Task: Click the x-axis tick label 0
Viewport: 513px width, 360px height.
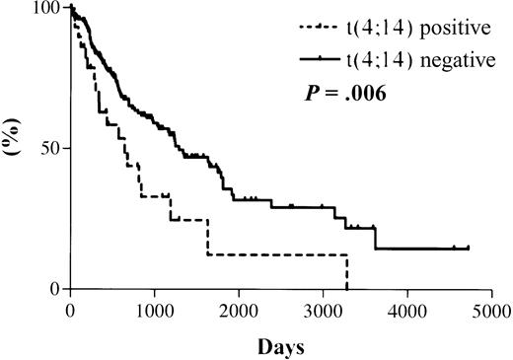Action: [71, 310]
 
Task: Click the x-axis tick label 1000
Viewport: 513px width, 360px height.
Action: [154, 310]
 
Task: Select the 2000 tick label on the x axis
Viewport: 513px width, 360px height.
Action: [239, 310]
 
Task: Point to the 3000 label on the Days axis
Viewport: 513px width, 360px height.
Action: [324, 310]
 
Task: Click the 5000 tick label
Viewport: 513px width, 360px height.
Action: [491, 310]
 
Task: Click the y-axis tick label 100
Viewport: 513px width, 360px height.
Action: [46, 9]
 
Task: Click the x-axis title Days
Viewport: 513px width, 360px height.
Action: [281, 347]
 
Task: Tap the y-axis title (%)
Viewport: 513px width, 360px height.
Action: [15, 148]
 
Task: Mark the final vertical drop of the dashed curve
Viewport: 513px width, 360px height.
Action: [347, 272]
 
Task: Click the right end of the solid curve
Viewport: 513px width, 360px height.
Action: [468, 249]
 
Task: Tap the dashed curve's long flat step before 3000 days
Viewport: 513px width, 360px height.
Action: [276, 254]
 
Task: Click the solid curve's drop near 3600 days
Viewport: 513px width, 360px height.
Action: [376, 238]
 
